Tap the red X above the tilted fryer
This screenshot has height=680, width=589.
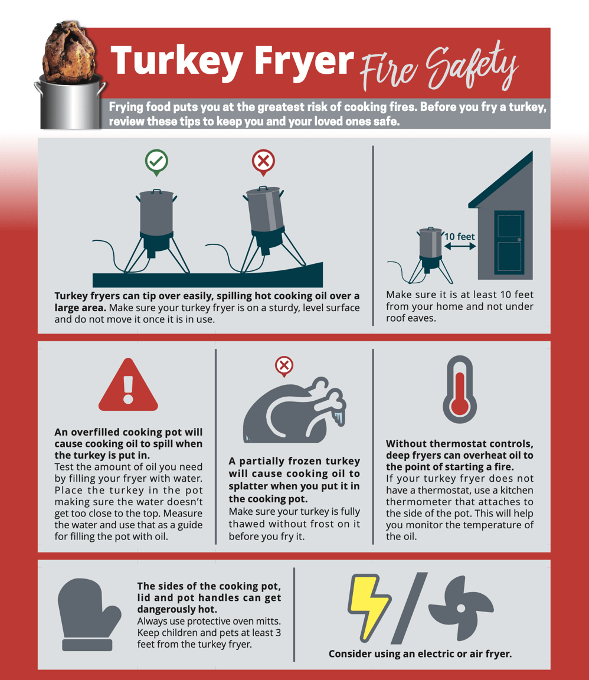coord(263,161)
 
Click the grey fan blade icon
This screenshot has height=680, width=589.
coord(460,608)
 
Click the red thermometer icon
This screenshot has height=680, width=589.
coord(460,390)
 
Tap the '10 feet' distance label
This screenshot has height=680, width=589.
coord(459,237)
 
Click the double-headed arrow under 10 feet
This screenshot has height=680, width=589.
coord(460,246)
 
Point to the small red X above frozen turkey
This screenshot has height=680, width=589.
coord(284,366)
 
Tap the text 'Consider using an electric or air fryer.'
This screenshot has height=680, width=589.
coord(420,654)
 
